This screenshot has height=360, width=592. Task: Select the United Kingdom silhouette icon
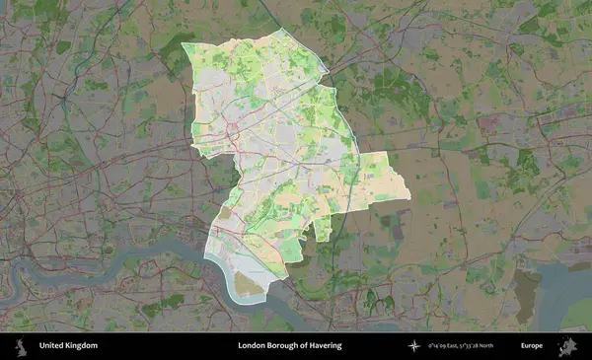click(19, 346)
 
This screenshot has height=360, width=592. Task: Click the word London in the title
click(253, 346)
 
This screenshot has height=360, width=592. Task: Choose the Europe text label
click(532, 346)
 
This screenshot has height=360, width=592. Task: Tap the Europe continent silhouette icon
click(568, 346)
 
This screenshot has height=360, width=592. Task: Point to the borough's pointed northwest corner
click(185, 45)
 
